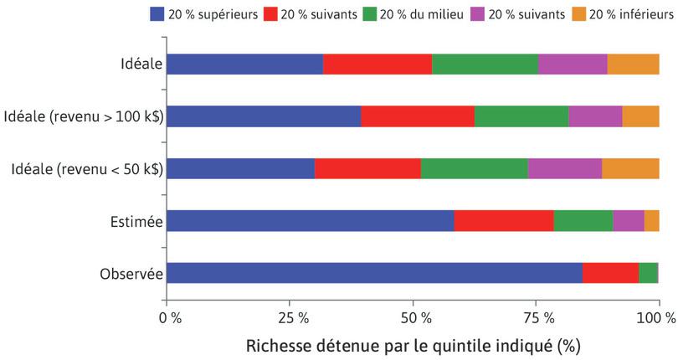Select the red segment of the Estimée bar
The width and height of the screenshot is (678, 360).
(503, 220)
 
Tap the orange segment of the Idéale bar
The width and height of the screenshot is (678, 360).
(633, 64)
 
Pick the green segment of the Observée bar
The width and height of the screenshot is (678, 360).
(648, 273)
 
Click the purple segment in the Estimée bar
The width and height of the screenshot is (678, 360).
(628, 220)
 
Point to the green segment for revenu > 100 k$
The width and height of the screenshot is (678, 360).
(521, 116)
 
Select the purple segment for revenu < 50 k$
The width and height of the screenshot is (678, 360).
(564, 168)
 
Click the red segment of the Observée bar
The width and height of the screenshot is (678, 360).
(610, 273)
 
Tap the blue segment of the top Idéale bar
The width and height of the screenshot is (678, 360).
(244, 64)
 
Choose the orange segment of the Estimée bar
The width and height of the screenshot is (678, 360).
(651, 220)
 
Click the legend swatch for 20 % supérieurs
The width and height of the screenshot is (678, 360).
(157, 13)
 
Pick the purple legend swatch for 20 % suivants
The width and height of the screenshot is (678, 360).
(476, 13)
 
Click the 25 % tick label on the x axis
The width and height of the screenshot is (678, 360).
(290, 317)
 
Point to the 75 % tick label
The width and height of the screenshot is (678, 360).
(537, 317)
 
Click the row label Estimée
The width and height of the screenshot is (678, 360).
(135, 221)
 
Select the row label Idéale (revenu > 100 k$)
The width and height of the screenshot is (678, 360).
(84, 116)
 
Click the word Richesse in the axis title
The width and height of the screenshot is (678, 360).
(278, 345)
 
